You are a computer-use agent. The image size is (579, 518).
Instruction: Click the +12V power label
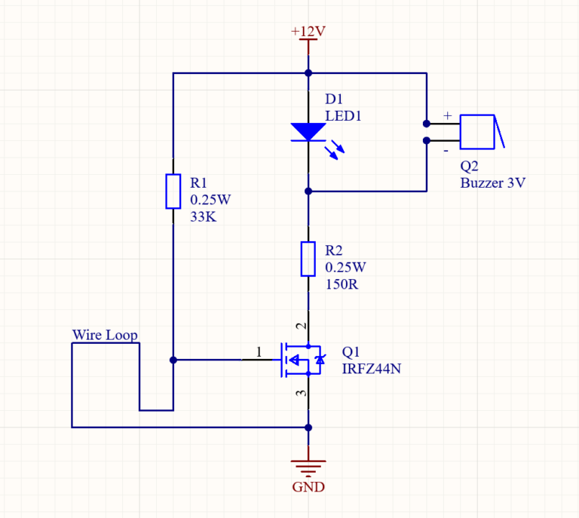point(308,31)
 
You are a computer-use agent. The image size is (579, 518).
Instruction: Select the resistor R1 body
point(173,191)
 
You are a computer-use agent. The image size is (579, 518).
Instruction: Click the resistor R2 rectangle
point(308,259)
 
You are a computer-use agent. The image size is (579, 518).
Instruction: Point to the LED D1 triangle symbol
point(308,132)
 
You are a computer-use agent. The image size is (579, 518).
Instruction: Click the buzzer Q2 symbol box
point(476,132)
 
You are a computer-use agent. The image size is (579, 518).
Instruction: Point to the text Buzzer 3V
point(492,183)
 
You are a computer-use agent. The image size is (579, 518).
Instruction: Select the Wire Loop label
point(105,335)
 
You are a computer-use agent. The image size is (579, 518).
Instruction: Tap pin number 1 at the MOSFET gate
point(259,351)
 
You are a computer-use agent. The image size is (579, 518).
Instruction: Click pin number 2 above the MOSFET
point(302,326)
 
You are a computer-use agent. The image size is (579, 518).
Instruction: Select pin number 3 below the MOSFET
point(302,394)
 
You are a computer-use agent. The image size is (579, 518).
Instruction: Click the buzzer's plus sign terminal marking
point(447,115)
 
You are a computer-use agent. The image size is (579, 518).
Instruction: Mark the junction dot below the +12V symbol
point(308,73)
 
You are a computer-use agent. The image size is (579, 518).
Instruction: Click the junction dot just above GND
point(308,428)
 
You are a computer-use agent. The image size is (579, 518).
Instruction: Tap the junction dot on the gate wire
point(173,360)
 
